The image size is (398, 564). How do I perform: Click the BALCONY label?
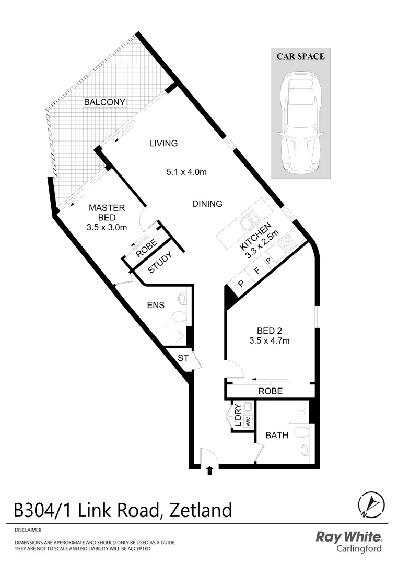pos(104,102)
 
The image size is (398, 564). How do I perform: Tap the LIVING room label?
pos(163,143)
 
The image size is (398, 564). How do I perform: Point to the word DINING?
pos(207,204)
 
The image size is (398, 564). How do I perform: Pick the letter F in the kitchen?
pos(255,272)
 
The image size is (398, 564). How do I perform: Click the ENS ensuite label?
pos(156,305)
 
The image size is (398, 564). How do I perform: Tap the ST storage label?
pos(183,358)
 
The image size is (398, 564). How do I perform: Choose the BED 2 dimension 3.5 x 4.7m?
pos(270,341)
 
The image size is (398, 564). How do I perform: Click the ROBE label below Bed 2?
pos(270,391)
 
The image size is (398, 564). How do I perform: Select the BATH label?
pos(277,435)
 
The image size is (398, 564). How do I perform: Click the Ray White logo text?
pos(349,537)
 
